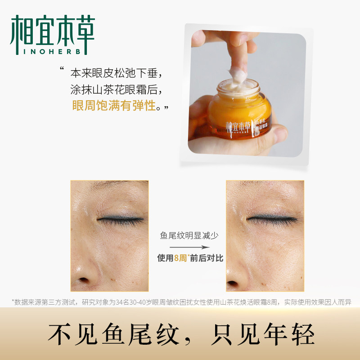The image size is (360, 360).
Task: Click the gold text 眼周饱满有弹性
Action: coord(113,106)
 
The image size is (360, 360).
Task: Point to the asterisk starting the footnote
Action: coord(13,301)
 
